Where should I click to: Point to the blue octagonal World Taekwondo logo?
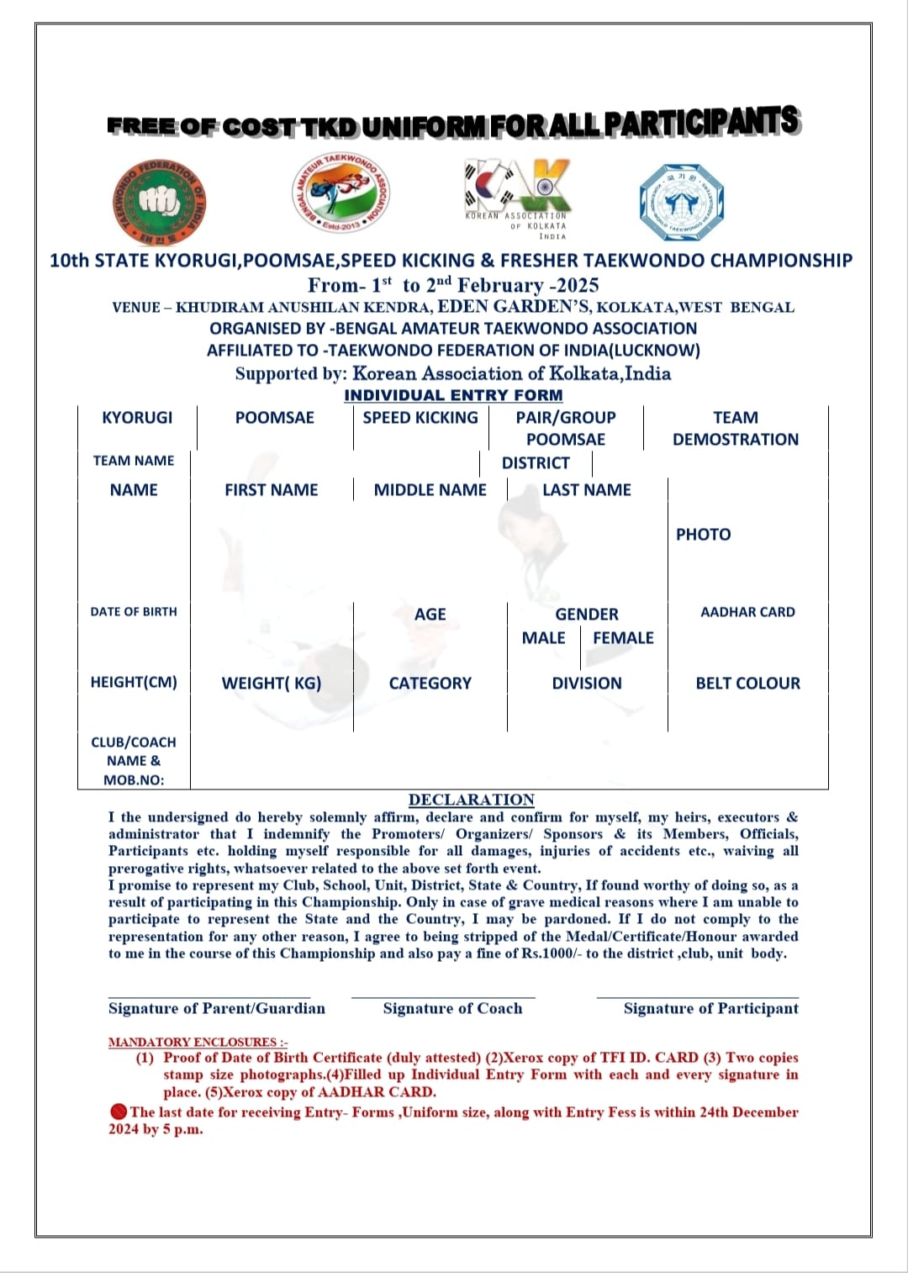point(681,203)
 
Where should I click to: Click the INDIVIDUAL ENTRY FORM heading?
point(453,395)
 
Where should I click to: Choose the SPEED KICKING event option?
point(420,418)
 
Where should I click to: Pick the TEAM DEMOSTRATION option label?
point(736,429)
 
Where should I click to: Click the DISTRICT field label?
point(536,463)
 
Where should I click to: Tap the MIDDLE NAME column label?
point(430,490)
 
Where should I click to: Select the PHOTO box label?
point(703,535)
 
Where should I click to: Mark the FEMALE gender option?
point(623,638)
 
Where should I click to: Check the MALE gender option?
point(543,638)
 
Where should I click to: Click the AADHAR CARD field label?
point(747,612)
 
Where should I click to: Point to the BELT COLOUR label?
point(747,684)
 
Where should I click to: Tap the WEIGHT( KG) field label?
point(272,684)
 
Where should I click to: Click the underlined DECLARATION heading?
point(472,800)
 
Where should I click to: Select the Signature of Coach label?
point(452,1008)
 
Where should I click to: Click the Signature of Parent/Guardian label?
point(216,1008)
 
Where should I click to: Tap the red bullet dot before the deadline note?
point(119,1112)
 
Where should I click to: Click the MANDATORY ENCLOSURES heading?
point(198,1042)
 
